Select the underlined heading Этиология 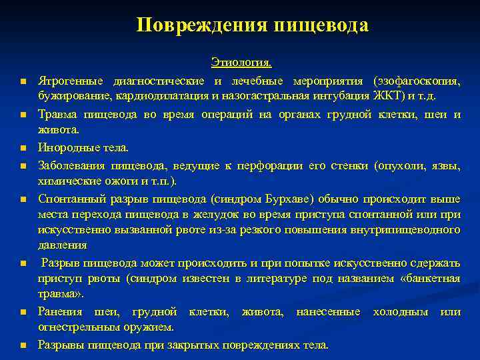(x=241, y=63)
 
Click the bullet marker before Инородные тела (x=22, y=148)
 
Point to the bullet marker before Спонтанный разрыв (x=22, y=199)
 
